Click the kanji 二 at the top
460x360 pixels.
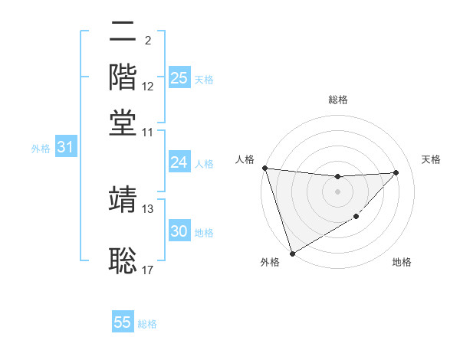(x=123, y=34)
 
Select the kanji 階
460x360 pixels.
(x=123, y=77)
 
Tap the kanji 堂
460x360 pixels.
(x=123, y=122)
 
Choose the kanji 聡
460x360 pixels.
(x=123, y=260)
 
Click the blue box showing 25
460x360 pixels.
(x=179, y=78)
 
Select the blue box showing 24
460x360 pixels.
(x=179, y=162)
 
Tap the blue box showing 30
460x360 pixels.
(x=179, y=231)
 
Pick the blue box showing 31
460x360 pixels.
(x=64, y=147)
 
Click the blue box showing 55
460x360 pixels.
(x=123, y=322)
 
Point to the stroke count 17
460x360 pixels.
(x=148, y=270)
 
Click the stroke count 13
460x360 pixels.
(x=148, y=208)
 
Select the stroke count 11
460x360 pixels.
(x=148, y=132)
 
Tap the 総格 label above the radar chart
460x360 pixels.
(x=337, y=100)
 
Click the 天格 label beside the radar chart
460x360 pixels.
(x=432, y=159)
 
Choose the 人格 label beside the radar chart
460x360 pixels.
(x=245, y=159)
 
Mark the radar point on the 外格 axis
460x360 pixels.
(x=293, y=253)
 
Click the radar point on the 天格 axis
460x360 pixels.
(x=396, y=172)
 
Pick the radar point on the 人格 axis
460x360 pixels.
(x=264, y=168)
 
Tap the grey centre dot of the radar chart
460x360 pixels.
(x=337, y=191)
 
